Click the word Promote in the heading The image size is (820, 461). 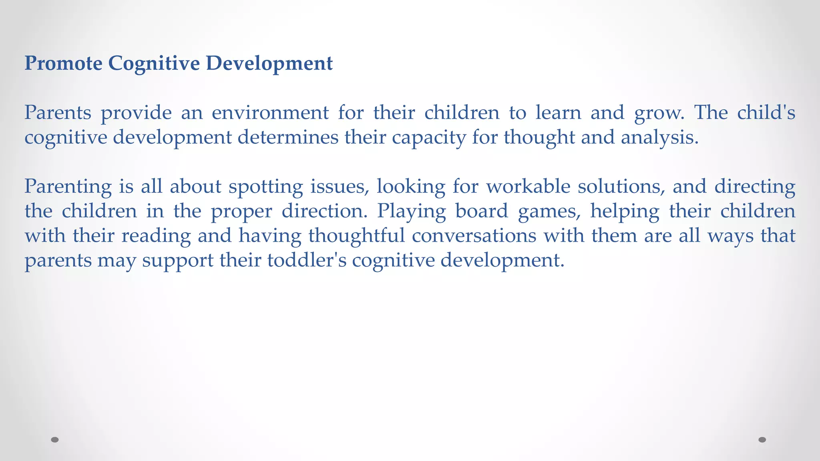click(63, 63)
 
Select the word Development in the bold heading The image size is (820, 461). click(269, 63)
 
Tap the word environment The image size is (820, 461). click(270, 112)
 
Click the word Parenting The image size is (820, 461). click(68, 187)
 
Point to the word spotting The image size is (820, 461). click(265, 187)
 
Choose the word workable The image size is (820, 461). click(528, 186)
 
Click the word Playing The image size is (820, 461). click(411, 211)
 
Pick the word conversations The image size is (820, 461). click(474, 235)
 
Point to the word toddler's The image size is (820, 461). click(307, 260)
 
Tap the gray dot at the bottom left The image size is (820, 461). click(55, 440)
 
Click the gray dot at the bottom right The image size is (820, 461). click(762, 440)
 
